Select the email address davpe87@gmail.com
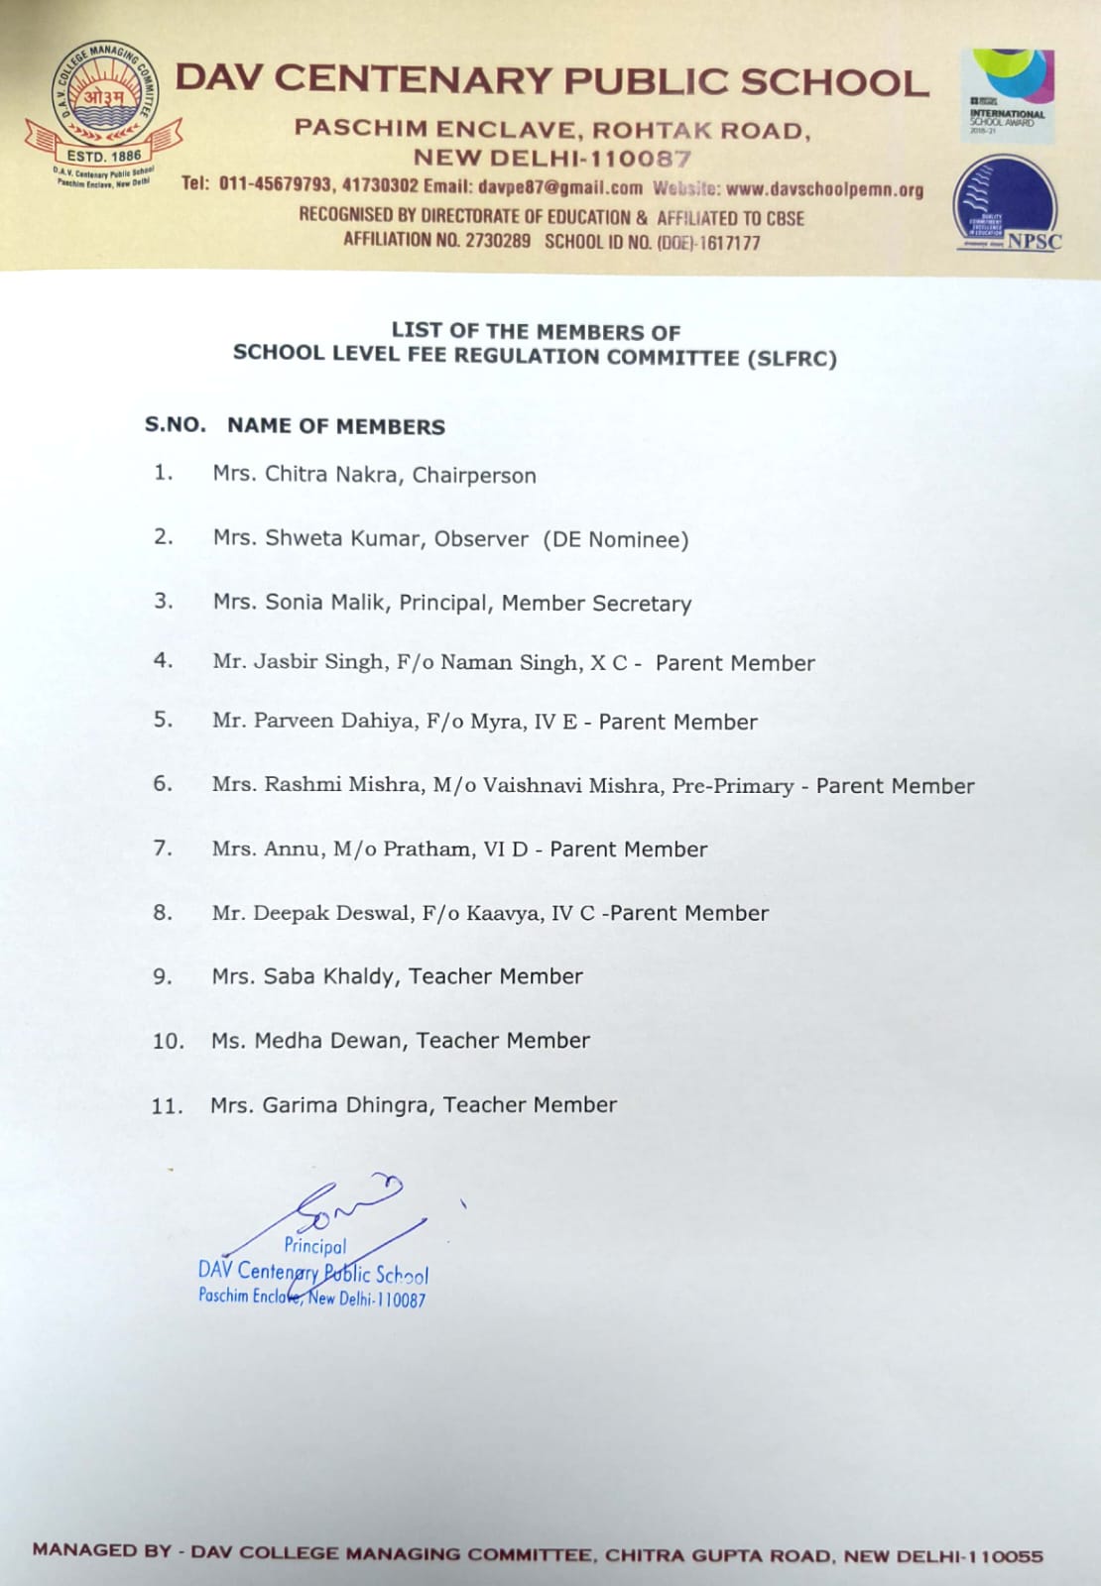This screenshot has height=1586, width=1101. (x=559, y=187)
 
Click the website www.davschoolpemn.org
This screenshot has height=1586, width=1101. (x=824, y=188)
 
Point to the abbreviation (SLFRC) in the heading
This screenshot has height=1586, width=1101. (x=793, y=359)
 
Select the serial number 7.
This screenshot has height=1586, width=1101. (x=162, y=849)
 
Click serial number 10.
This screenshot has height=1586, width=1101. (x=168, y=1041)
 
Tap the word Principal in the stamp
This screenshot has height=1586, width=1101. (x=314, y=1246)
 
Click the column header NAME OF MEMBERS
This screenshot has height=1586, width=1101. (x=335, y=426)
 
